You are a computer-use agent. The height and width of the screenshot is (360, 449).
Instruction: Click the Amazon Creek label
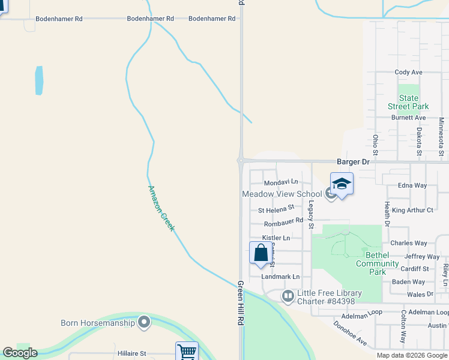(x=161, y=208)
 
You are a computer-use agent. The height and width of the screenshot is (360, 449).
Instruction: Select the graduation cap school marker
(x=342, y=184)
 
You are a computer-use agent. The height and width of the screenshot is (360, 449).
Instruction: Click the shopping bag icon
(x=261, y=252)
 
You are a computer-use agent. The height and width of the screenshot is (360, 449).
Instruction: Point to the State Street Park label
(x=408, y=102)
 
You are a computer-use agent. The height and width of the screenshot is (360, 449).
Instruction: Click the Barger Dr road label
(x=353, y=162)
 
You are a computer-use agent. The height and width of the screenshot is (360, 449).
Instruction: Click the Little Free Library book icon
(x=288, y=296)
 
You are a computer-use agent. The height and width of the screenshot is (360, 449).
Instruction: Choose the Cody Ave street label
(x=409, y=73)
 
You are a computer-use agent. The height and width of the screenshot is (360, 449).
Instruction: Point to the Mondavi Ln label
(x=281, y=181)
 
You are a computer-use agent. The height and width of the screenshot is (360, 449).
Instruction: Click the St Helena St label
(x=276, y=210)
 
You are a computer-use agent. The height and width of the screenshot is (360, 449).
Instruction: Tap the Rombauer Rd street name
(x=283, y=224)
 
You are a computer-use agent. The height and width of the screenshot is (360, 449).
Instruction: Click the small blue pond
(x=40, y=80)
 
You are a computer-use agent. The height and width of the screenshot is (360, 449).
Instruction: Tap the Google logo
(x=20, y=353)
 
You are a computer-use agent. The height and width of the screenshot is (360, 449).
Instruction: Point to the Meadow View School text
(x=282, y=194)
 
